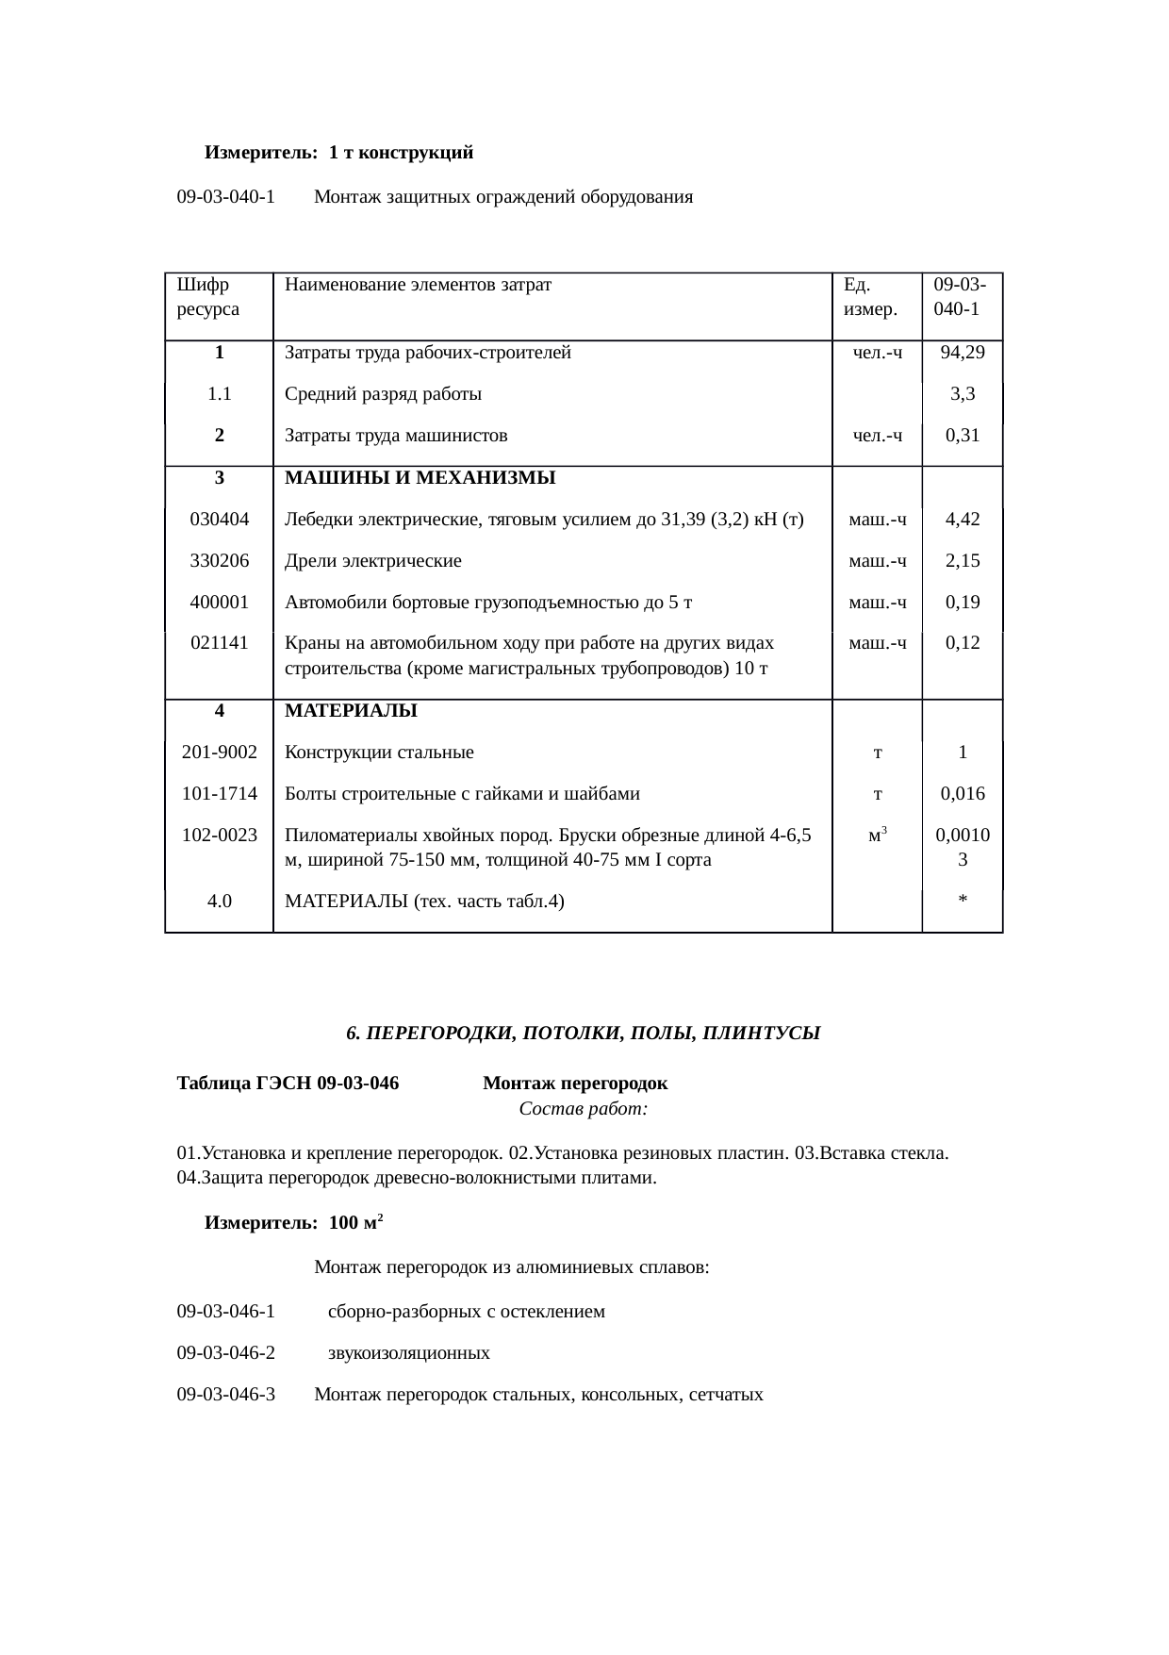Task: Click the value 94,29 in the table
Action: (x=963, y=353)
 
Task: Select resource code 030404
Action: (x=220, y=519)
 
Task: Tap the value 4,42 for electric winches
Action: (x=963, y=519)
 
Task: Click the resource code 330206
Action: (x=220, y=561)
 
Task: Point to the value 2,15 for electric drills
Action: (x=963, y=561)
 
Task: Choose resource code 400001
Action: (x=220, y=603)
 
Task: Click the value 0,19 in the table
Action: (x=963, y=603)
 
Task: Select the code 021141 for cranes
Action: (x=220, y=643)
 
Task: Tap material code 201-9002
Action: (x=220, y=753)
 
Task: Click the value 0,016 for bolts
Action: (x=963, y=794)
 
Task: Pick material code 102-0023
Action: (x=220, y=836)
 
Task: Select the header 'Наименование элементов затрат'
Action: (x=418, y=284)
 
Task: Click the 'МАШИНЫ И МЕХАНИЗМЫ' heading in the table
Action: (x=420, y=478)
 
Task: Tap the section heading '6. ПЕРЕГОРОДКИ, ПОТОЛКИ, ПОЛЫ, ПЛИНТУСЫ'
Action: (x=584, y=1034)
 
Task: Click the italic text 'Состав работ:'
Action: (x=584, y=1109)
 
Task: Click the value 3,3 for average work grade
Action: (x=963, y=394)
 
